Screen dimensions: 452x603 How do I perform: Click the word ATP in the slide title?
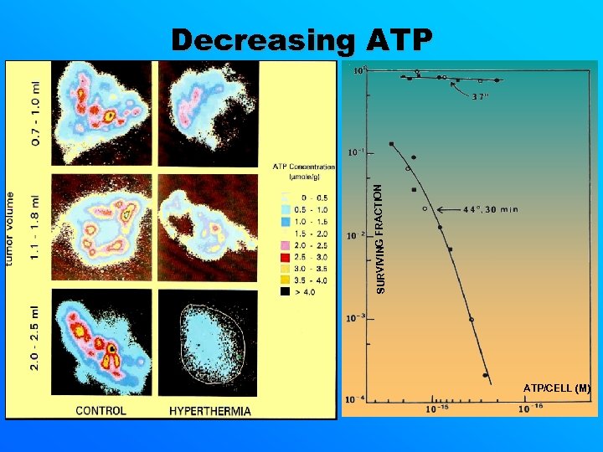399,40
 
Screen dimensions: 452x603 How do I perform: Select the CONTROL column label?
100,410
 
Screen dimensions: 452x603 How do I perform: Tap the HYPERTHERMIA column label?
210,410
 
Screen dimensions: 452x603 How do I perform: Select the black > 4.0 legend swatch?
286,292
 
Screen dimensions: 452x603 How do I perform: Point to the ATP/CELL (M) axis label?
557,388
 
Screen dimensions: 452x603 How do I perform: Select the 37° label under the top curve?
479,96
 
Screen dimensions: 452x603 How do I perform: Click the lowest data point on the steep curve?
485,375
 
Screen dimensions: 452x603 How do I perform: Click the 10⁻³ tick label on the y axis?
355,318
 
